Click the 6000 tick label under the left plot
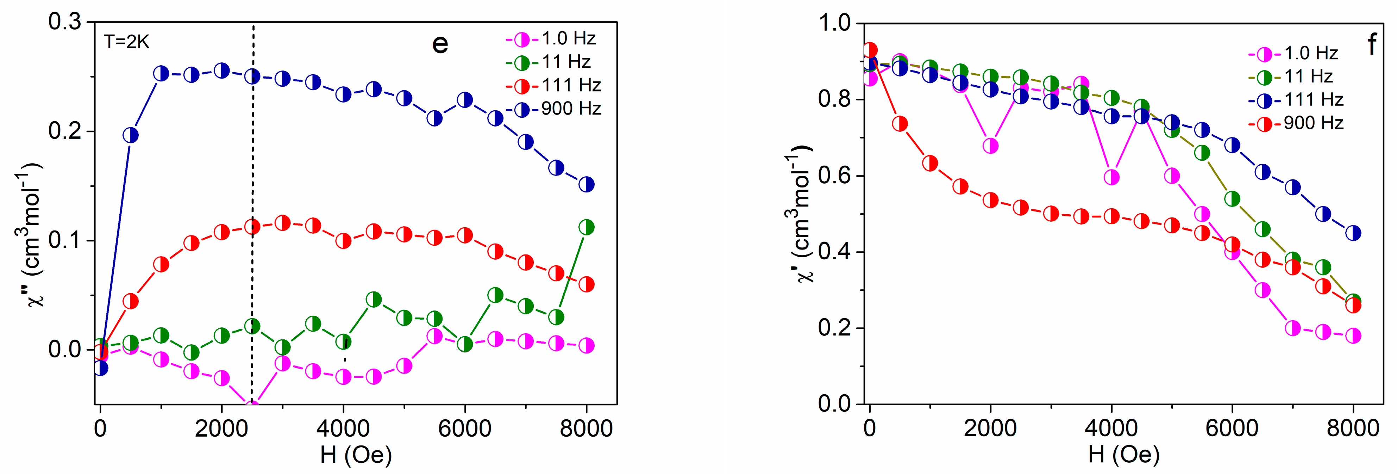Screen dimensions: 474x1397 tap(465, 429)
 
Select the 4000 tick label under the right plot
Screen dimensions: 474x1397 tap(1111, 429)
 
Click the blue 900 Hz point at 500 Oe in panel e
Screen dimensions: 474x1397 tap(130, 135)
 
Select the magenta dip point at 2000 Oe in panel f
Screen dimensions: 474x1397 tap(990, 146)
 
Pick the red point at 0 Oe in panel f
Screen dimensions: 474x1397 tap(870, 50)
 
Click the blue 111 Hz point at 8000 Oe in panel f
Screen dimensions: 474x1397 tap(1353, 233)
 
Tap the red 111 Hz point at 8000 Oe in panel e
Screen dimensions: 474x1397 tap(586, 284)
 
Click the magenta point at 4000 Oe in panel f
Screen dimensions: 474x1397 tap(1111, 177)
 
